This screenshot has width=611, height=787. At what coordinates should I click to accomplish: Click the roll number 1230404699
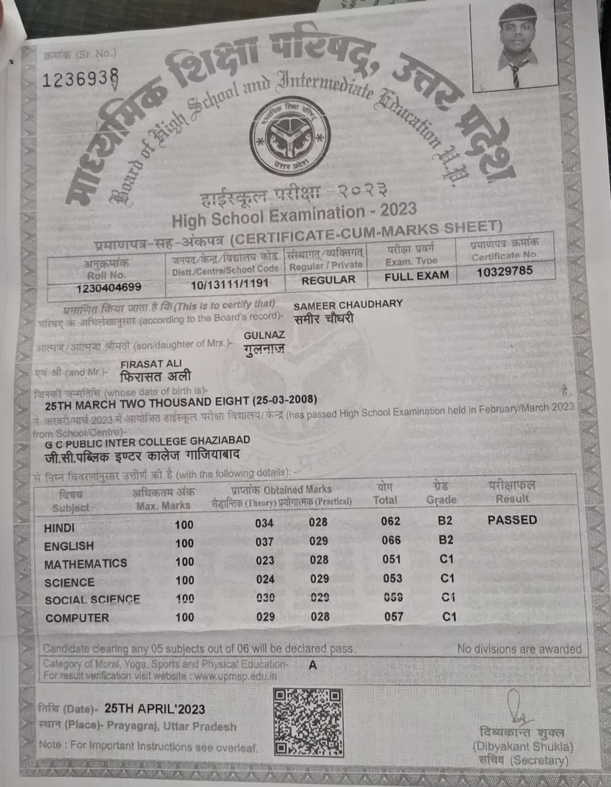click(x=108, y=287)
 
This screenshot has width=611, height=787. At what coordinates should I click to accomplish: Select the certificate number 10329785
click(x=504, y=271)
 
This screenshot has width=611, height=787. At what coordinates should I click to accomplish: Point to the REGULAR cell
click(x=328, y=280)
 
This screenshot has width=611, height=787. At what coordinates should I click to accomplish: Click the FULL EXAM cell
click(x=416, y=276)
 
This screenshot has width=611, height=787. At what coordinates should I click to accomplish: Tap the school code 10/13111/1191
click(x=229, y=284)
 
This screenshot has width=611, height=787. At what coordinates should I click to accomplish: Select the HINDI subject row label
click(x=59, y=528)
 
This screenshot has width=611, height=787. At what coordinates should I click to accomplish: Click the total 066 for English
click(x=391, y=540)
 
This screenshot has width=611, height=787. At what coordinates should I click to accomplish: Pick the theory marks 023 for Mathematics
click(x=264, y=561)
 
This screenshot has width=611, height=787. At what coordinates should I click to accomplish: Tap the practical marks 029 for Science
click(x=319, y=579)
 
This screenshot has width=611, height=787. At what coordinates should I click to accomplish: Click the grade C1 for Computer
click(x=449, y=616)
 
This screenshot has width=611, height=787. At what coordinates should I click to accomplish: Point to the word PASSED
click(x=512, y=520)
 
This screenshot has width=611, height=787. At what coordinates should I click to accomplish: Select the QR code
click(x=307, y=721)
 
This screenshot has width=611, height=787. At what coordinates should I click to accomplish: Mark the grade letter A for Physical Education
click(x=313, y=665)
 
